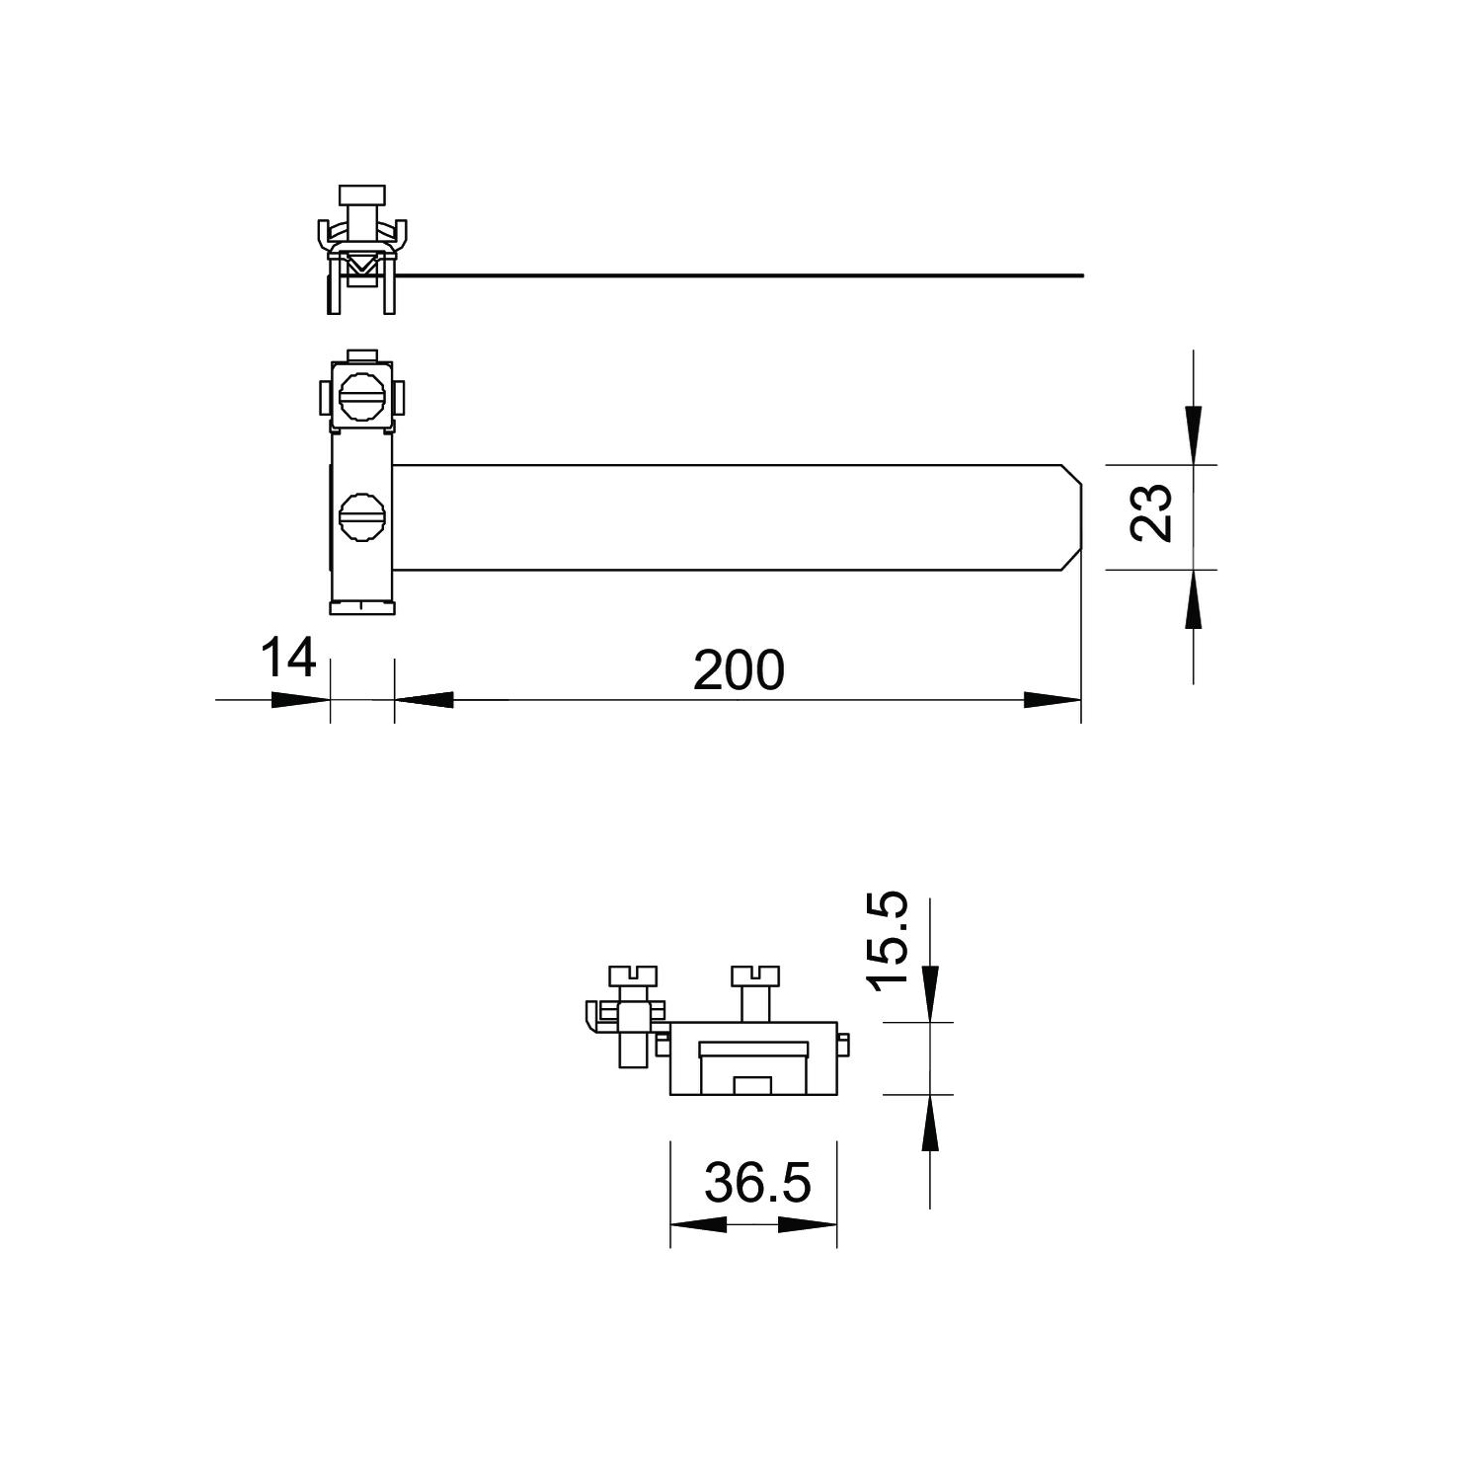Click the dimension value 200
[x=739, y=669]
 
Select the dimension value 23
[x=1151, y=511]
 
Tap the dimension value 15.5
[x=886, y=938]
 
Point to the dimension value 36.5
[x=757, y=1182]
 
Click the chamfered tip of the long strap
[x=1074, y=517]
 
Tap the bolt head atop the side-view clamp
[x=361, y=194]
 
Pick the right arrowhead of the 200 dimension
[x=1052, y=700]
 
